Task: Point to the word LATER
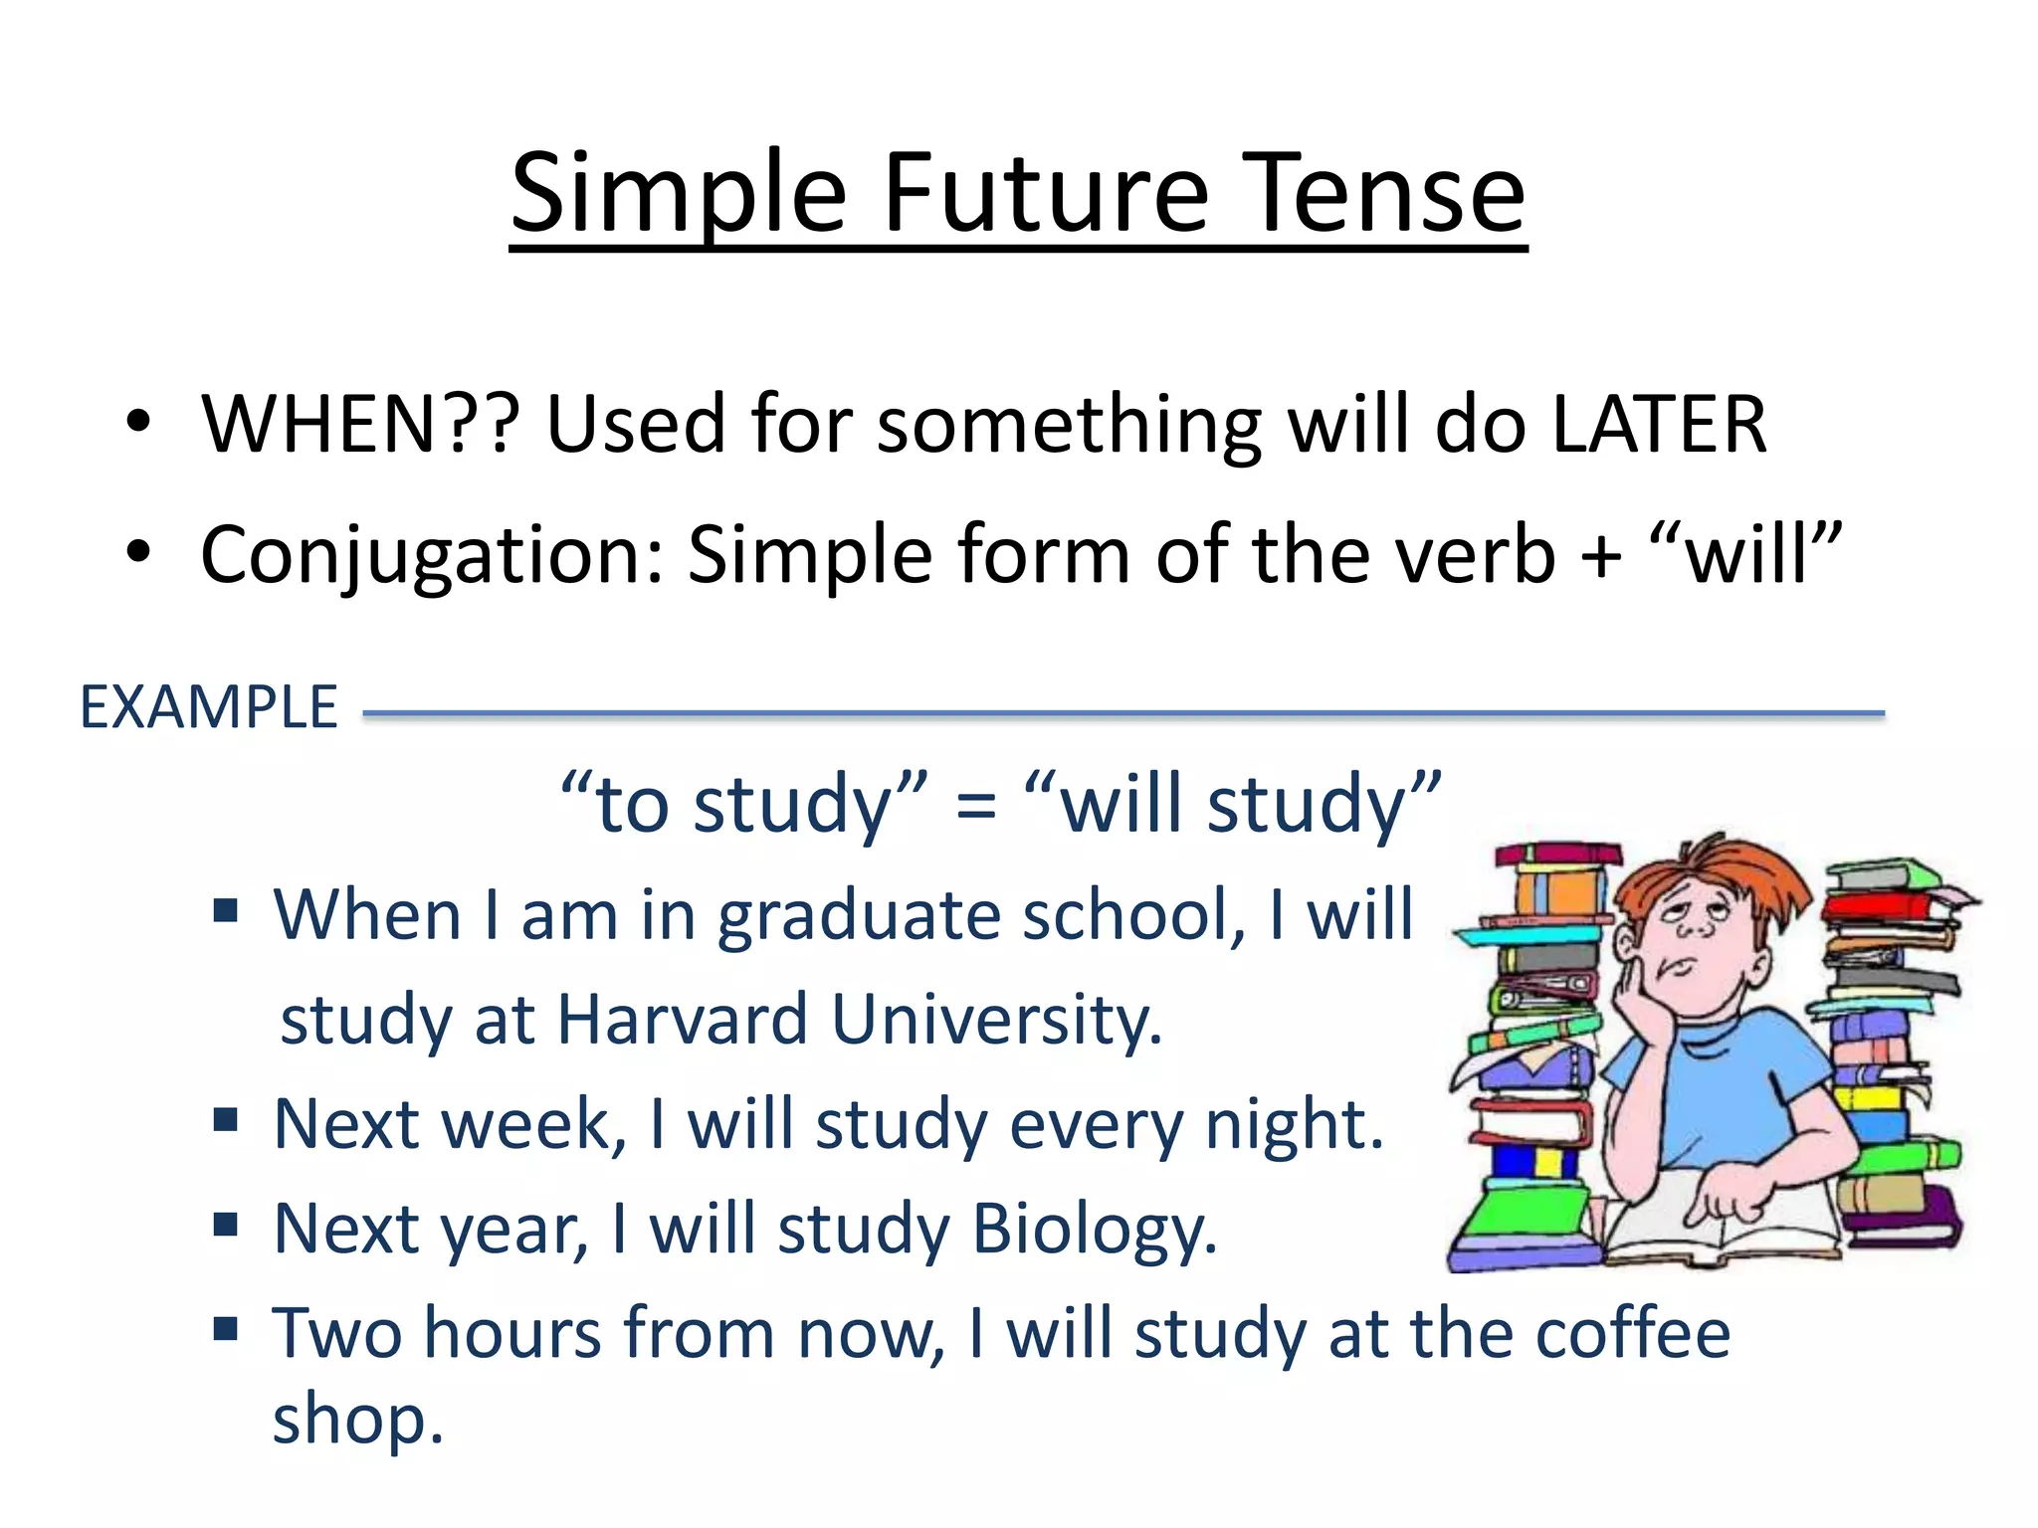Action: point(1659,424)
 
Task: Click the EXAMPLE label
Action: point(209,707)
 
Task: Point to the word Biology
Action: point(1094,1230)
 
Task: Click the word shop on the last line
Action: point(357,1420)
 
